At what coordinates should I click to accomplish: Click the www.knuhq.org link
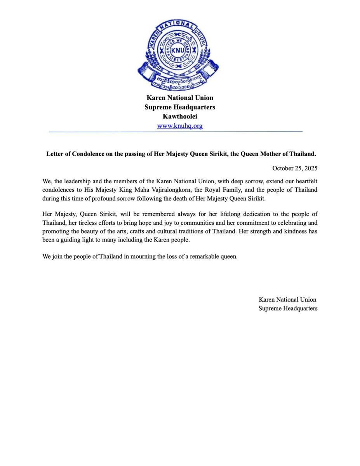pyautogui.click(x=180, y=126)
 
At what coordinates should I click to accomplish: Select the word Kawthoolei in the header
pyautogui.click(x=180, y=116)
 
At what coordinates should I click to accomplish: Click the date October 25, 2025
pyautogui.click(x=295, y=168)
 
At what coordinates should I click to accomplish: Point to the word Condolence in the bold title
pyautogui.click(x=88, y=154)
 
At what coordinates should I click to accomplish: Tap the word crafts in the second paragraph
pyautogui.click(x=173, y=231)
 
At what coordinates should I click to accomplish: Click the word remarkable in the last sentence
pyautogui.click(x=205, y=257)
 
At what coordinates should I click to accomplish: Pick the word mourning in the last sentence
pyautogui.click(x=136, y=257)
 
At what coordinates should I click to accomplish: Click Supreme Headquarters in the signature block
pyautogui.click(x=288, y=308)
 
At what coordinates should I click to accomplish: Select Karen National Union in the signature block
pyautogui.click(x=287, y=299)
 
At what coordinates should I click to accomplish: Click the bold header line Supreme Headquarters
pyautogui.click(x=180, y=107)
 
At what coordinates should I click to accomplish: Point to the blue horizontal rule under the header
pyautogui.click(x=176, y=132)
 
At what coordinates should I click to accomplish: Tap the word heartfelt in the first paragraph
pyautogui.click(x=305, y=181)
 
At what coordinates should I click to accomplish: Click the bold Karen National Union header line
pyautogui.click(x=180, y=97)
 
